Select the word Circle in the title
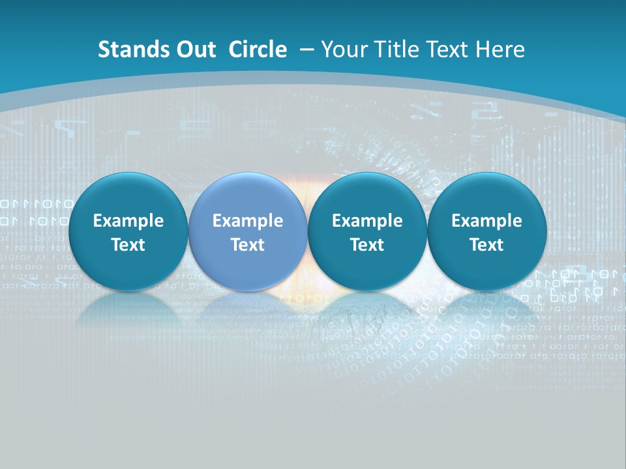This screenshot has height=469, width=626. (x=258, y=50)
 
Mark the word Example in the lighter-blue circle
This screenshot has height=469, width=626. (x=248, y=221)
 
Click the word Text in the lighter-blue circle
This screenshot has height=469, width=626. (x=248, y=245)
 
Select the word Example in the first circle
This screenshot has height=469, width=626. (x=128, y=221)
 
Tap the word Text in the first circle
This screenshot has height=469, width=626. (x=128, y=245)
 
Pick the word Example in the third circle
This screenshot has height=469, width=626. (x=367, y=221)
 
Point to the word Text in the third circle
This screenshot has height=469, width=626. (x=367, y=245)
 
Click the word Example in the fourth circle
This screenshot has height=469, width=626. (x=486, y=221)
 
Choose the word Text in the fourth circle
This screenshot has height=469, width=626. (x=486, y=245)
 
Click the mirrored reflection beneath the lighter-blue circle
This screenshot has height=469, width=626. (x=248, y=306)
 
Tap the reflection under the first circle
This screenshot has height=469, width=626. (x=128, y=306)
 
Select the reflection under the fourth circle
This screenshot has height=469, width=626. (x=486, y=306)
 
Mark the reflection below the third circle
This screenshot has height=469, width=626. (x=367, y=306)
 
